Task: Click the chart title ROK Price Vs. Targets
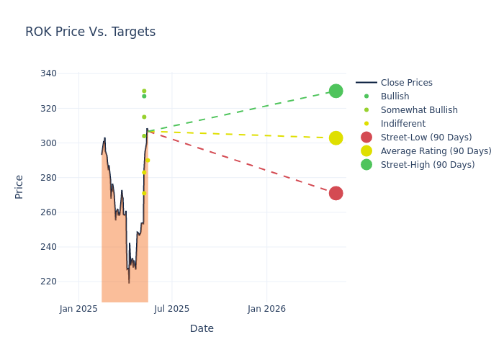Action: tap(90, 32)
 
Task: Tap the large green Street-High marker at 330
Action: tap(336, 91)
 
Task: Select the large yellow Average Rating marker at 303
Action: tap(336, 138)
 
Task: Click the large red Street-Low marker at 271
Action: tap(336, 193)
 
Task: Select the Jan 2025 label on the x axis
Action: tap(78, 309)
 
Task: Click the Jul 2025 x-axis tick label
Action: tap(172, 309)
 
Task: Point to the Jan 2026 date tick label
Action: tap(266, 309)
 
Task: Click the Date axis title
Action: tap(202, 328)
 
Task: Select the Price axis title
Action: tap(19, 186)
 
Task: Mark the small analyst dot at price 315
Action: tap(144, 117)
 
